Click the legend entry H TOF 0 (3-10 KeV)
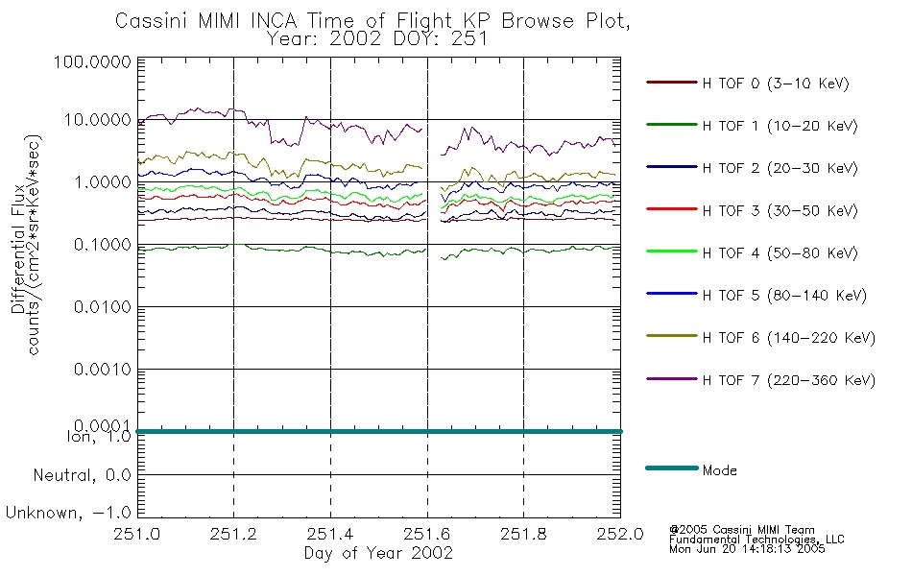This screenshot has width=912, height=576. [776, 84]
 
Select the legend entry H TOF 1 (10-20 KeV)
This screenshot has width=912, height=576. [780, 126]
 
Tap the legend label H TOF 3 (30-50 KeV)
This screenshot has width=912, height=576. [780, 210]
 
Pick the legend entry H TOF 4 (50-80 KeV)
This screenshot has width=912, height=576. [780, 253]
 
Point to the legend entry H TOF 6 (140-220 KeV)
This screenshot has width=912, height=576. [789, 338]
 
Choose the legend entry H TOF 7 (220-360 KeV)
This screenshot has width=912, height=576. [789, 380]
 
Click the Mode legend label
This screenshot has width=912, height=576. [719, 470]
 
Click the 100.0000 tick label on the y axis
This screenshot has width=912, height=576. [92, 61]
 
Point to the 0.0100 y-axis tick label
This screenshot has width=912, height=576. [103, 306]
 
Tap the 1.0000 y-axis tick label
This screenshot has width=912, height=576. [103, 182]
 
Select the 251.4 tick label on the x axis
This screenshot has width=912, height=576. [330, 534]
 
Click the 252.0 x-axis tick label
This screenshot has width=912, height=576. [620, 534]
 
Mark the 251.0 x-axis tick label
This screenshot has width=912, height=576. [137, 534]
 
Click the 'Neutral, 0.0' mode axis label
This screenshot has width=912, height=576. [82, 476]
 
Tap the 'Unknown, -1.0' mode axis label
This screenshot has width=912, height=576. [68, 513]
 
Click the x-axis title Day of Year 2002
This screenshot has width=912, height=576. [378, 553]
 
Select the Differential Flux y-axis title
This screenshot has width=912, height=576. [18, 249]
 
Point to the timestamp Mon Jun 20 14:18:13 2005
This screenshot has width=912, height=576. [747, 549]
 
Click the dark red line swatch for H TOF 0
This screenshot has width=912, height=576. [672, 82]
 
